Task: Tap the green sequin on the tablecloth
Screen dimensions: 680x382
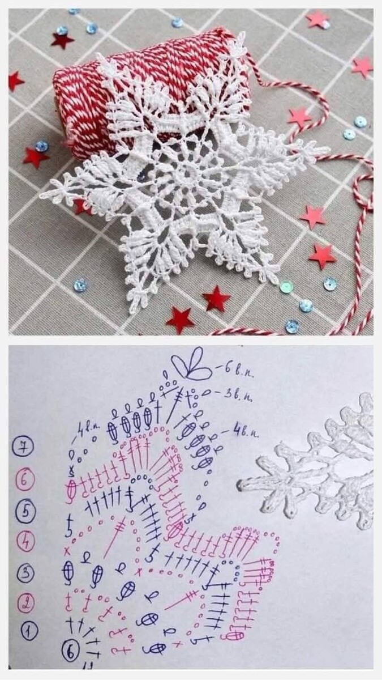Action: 287,287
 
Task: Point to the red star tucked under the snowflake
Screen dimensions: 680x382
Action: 82,206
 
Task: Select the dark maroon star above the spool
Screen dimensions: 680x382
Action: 62,40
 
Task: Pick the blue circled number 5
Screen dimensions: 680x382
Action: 25,512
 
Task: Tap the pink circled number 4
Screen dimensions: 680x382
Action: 25,542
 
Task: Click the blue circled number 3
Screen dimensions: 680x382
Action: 25,573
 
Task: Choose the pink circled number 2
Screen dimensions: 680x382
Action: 25,602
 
